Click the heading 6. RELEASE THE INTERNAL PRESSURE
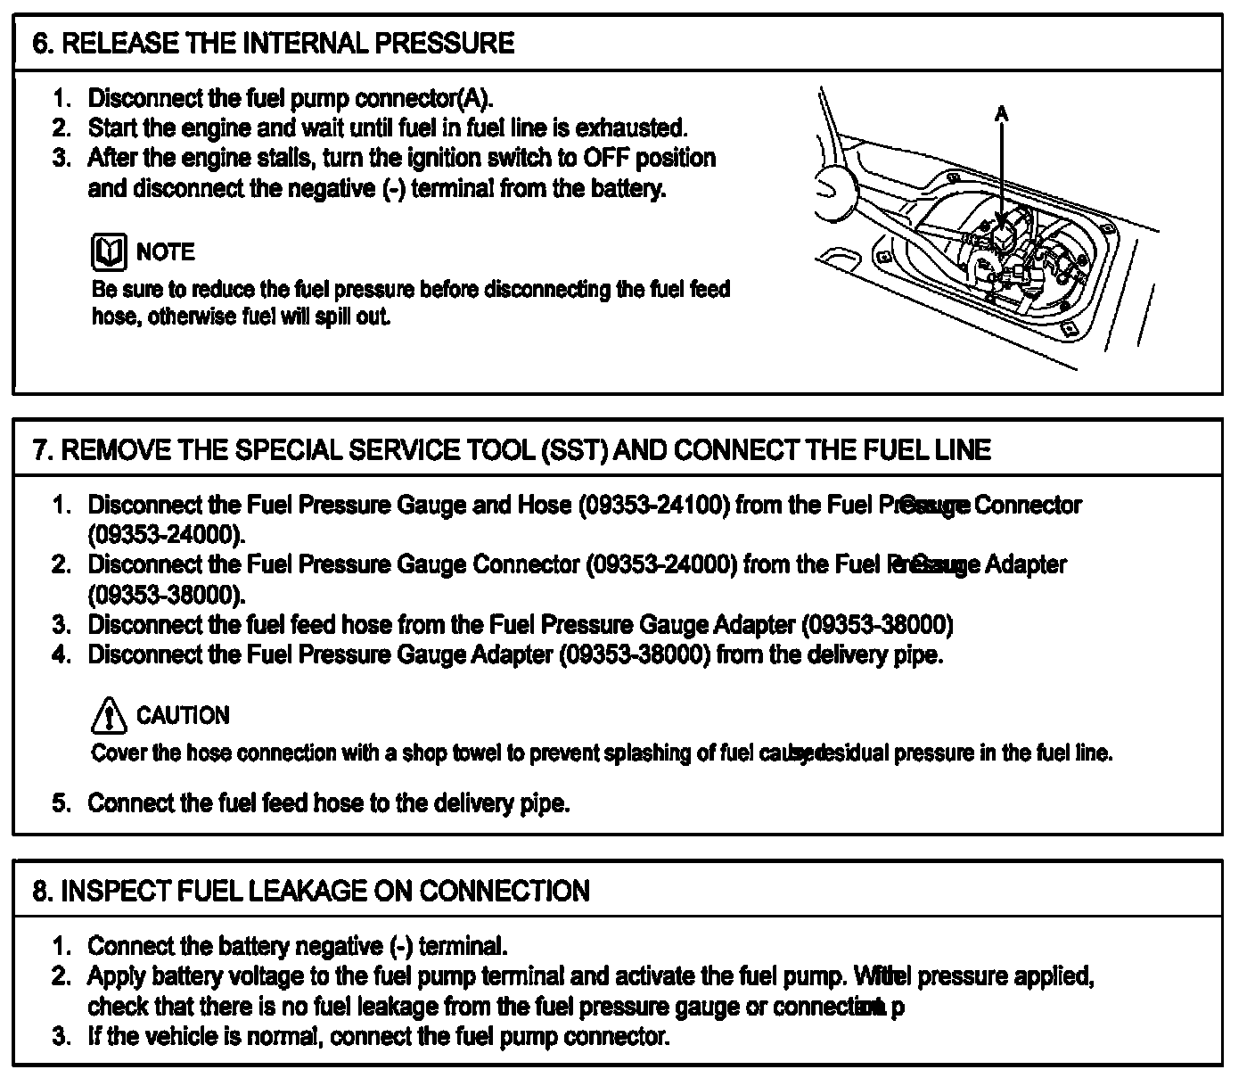click(273, 44)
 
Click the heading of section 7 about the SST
click(512, 449)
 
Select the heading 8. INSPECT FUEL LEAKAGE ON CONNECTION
click(311, 891)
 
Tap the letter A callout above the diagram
click(1002, 113)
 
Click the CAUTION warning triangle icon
click(109, 716)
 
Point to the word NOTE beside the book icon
click(166, 252)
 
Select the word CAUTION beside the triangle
click(183, 716)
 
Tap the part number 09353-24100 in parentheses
click(654, 506)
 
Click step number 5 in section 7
click(60, 803)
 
